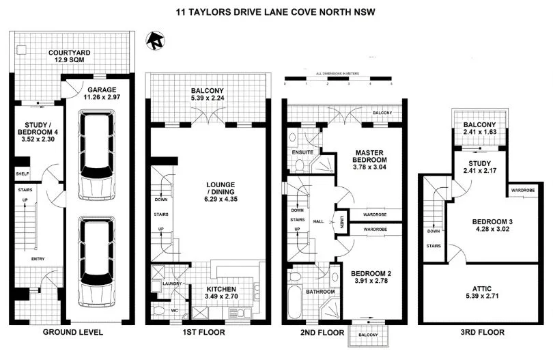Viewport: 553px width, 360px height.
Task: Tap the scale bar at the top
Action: [338, 80]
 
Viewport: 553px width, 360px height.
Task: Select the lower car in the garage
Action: [96, 261]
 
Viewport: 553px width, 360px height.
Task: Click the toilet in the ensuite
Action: [298, 164]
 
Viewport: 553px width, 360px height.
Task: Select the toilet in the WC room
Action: [158, 311]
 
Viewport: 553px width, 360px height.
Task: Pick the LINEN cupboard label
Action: [343, 221]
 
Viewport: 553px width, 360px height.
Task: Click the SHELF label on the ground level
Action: [23, 174]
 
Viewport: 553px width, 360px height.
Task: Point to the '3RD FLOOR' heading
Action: [482, 333]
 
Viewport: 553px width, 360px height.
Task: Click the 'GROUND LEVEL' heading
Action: [73, 333]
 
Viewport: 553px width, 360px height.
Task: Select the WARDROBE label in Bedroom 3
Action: [522, 190]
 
